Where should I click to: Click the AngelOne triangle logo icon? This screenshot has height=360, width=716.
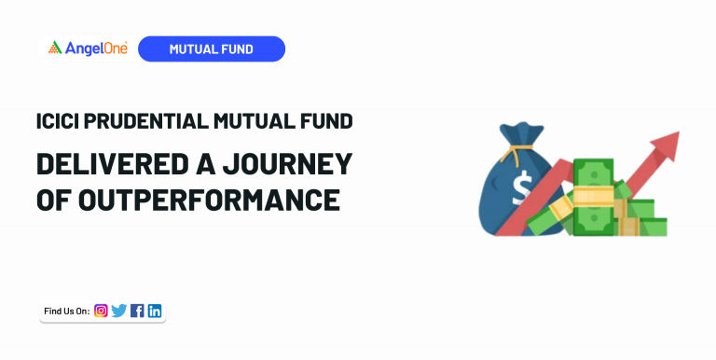[54, 48]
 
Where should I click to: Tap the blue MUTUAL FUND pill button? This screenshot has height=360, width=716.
[211, 48]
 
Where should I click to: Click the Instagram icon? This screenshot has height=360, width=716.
[101, 311]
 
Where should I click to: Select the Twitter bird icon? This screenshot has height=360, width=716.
[118, 311]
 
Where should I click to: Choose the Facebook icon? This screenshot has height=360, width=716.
[137, 311]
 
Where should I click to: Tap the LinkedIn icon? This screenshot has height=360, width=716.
[155, 311]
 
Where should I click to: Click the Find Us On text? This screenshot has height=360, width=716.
[66, 311]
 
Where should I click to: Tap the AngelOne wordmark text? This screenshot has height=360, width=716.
[96, 48]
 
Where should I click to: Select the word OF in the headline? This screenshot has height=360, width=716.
[51, 199]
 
